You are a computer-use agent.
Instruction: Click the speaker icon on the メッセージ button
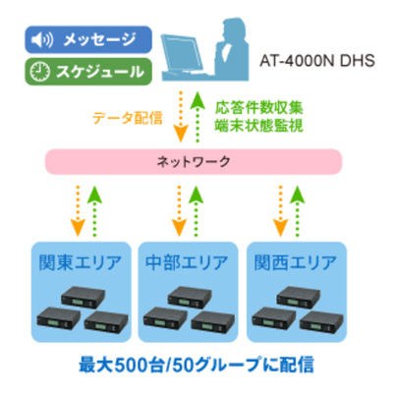41,40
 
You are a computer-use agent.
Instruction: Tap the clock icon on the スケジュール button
39,72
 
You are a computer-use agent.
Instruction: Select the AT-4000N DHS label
317,61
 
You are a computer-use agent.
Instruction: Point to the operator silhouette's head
235,28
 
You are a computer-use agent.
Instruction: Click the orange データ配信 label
128,118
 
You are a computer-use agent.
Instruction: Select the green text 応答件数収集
258,108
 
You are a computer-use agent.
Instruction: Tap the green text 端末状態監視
258,126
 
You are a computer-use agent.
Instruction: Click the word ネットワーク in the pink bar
194,161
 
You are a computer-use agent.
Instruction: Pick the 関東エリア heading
81,262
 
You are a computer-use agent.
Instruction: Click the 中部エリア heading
187,262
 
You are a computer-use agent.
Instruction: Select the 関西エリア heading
296,262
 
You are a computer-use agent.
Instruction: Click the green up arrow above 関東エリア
94,211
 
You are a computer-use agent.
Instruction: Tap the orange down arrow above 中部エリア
179,211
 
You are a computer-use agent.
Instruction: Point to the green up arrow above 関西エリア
298,211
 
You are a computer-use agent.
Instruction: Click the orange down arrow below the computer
180,116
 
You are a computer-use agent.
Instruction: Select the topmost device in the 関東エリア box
83,297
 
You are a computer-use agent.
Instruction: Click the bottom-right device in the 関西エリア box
321,322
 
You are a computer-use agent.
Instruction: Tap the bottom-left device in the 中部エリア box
165,318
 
